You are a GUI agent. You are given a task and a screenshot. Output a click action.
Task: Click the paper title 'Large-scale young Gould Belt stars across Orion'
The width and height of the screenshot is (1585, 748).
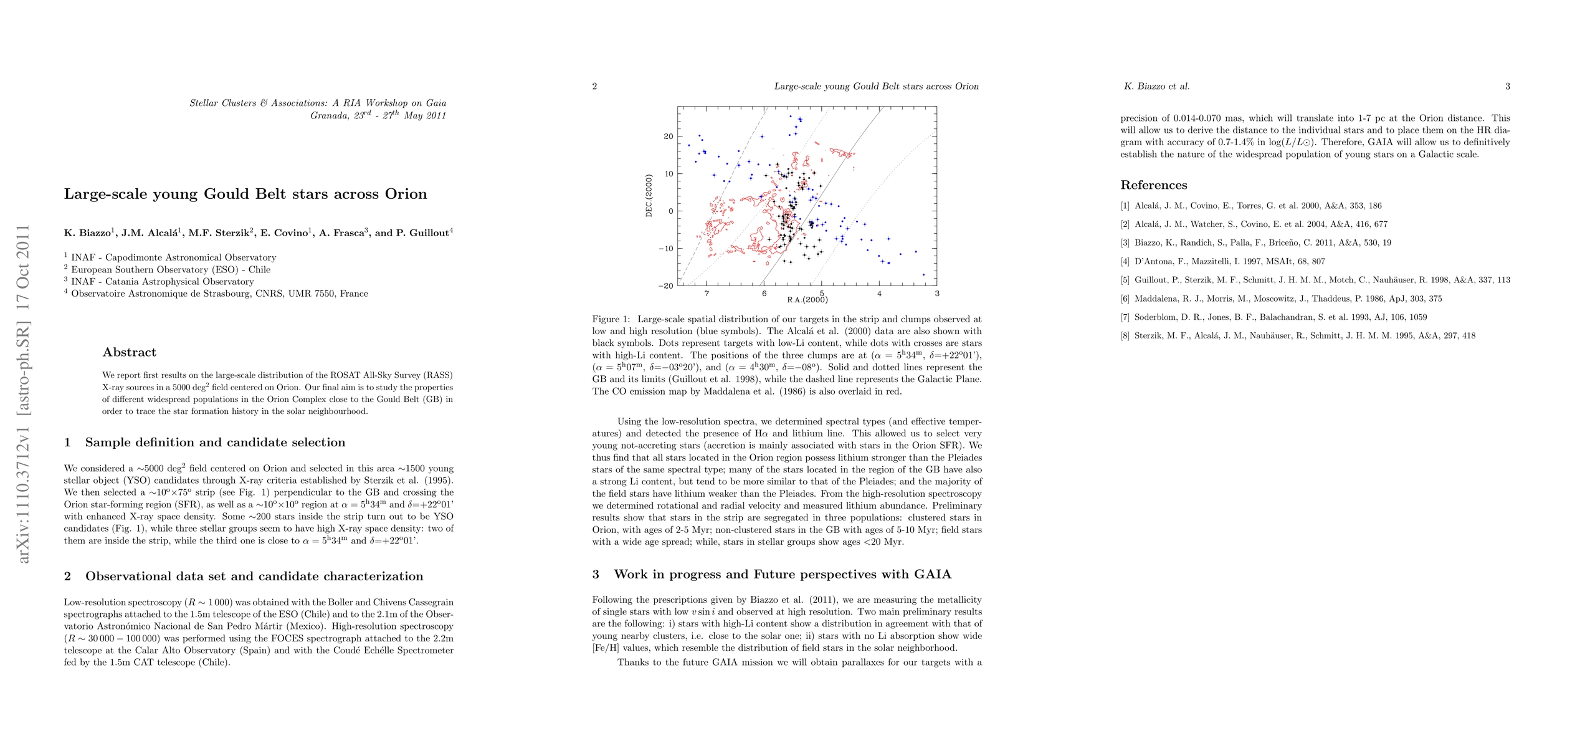pyautogui.click(x=245, y=194)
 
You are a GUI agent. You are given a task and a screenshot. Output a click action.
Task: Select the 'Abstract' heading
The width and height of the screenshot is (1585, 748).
pyautogui.click(x=129, y=352)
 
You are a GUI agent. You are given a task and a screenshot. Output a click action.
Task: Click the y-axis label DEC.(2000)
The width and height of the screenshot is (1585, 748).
pyautogui.click(x=649, y=196)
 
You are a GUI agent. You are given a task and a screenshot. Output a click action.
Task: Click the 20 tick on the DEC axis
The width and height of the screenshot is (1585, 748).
pyautogui.click(x=668, y=137)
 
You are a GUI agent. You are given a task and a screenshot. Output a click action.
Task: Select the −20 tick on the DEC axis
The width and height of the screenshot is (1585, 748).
pyautogui.click(x=665, y=286)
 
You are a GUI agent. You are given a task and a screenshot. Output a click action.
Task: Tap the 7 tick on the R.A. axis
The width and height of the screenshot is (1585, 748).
pyautogui.click(x=706, y=294)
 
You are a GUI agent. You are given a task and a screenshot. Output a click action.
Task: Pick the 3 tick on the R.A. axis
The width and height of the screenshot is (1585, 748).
pyautogui.click(x=936, y=294)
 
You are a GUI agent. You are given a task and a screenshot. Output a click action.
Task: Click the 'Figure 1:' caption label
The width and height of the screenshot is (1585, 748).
pyautogui.click(x=611, y=319)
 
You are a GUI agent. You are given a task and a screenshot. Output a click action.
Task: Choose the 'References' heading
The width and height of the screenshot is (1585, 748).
pyautogui.click(x=1153, y=185)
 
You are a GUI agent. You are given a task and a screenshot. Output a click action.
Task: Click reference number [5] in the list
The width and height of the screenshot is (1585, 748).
pyautogui.click(x=1125, y=280)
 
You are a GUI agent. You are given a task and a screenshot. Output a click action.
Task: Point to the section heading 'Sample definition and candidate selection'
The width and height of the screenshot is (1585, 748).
pyautogui.click(x=215, y=443)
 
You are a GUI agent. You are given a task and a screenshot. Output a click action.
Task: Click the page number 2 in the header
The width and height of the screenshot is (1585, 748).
pyautogui.click(x=595, y=87)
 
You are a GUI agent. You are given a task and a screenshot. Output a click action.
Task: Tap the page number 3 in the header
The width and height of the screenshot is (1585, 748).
pyautogui.click(x=1508, y=87)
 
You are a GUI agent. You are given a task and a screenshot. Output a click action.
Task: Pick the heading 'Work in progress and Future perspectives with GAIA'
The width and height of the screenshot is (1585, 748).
pyautogui.click(x=783, y=574)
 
